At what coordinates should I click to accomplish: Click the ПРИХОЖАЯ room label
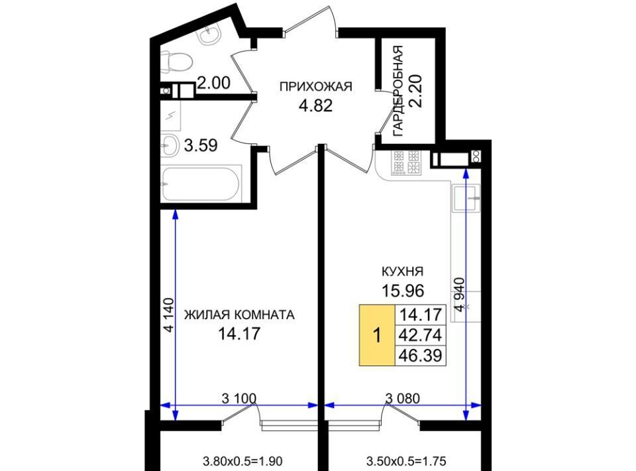point(315,86)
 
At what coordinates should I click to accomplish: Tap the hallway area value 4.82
point(315,105)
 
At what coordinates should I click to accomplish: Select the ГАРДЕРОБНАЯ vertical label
point(398,91)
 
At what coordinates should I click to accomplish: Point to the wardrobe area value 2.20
point(417,91)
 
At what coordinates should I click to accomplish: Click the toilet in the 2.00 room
point(176,62)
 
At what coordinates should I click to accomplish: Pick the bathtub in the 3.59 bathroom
point(201,183)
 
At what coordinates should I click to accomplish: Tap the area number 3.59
point(201,145)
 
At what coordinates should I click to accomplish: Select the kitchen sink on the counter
point(466,198)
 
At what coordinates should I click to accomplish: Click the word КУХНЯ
point(402,271)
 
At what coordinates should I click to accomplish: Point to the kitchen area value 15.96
point(402,291)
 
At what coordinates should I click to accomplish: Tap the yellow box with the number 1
point(377,336)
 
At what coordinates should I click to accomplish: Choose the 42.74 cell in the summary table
point(420,335)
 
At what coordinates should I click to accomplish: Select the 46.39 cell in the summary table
point(420,356)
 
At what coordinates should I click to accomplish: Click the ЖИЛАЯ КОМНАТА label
point(239,314)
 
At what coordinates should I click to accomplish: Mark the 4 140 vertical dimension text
point(169,316)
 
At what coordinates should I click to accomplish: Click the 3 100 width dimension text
point(239,398)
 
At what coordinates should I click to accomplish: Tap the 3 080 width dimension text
point(403,398)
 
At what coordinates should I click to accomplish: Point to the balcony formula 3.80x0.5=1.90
point(242,461)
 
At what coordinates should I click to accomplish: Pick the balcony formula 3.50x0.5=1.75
point(406,461)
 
